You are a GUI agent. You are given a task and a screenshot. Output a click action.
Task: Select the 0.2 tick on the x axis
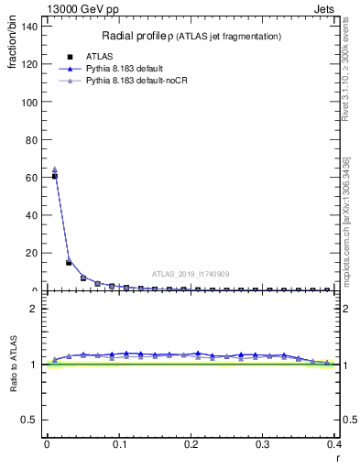click(191, 444)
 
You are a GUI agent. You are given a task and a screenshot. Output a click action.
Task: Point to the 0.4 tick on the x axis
click(334, 444)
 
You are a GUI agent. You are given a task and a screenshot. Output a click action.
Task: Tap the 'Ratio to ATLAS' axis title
click(14, 365)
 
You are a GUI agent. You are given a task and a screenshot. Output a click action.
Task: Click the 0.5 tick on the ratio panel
click(32, 420)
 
